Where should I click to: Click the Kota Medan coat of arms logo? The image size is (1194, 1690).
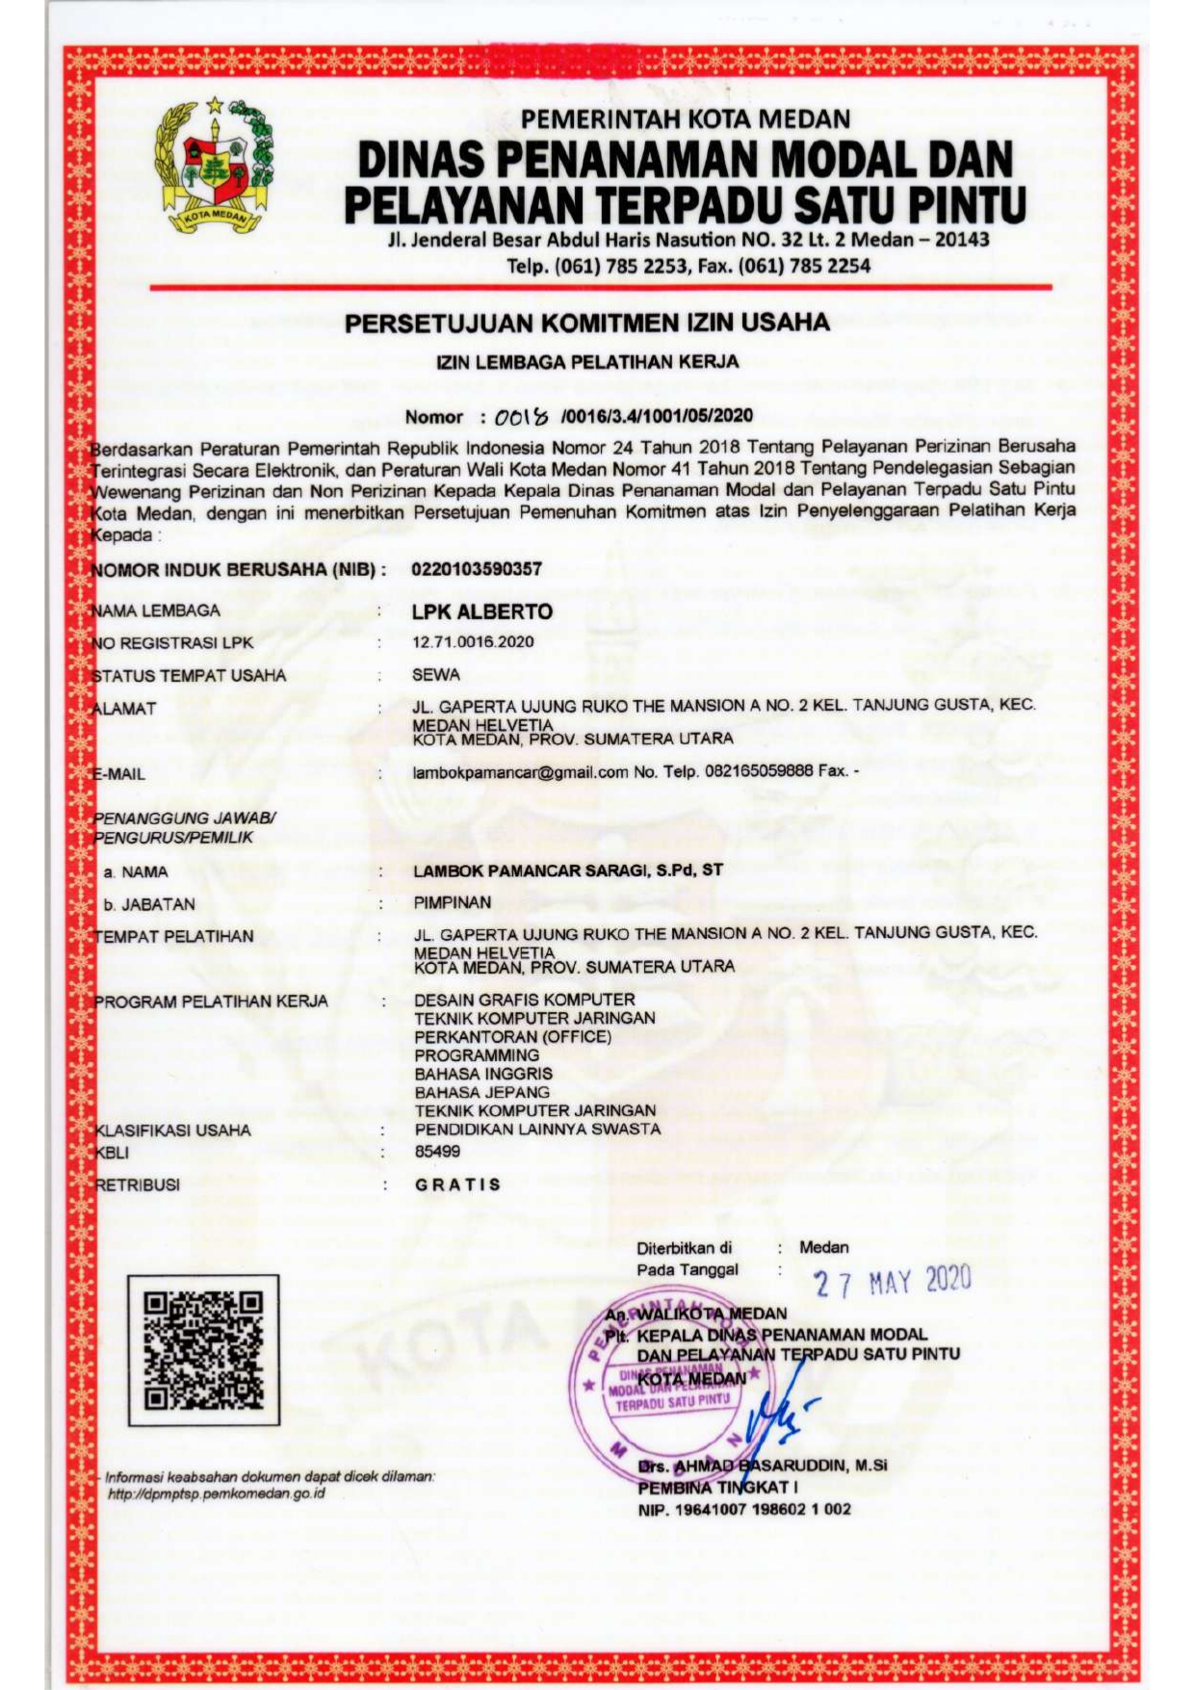tap(215, 167)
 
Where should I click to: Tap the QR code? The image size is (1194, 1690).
tap(203, 1349)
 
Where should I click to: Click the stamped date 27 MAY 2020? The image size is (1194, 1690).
tap(892, 1282)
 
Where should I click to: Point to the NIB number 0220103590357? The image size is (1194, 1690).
tap(477, 569)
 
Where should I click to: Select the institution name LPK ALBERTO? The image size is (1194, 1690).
tap(482, 611)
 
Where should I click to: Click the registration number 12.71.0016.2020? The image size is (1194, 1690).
tap(473, 642)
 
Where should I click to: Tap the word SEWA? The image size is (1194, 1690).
tap(436, 675)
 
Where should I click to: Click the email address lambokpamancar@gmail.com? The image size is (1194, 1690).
tap(520, 772)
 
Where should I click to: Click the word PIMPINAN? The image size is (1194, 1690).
tap(453, 903)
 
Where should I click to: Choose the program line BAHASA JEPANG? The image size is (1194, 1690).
tap(482, 1092)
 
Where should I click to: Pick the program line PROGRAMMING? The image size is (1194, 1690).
tap(477, 1055)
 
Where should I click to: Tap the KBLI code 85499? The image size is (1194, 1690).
tap(438, 1152)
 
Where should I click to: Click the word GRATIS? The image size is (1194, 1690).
tap(458, 1184)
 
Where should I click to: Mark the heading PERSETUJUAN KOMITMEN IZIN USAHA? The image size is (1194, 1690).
tap(587, 323)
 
